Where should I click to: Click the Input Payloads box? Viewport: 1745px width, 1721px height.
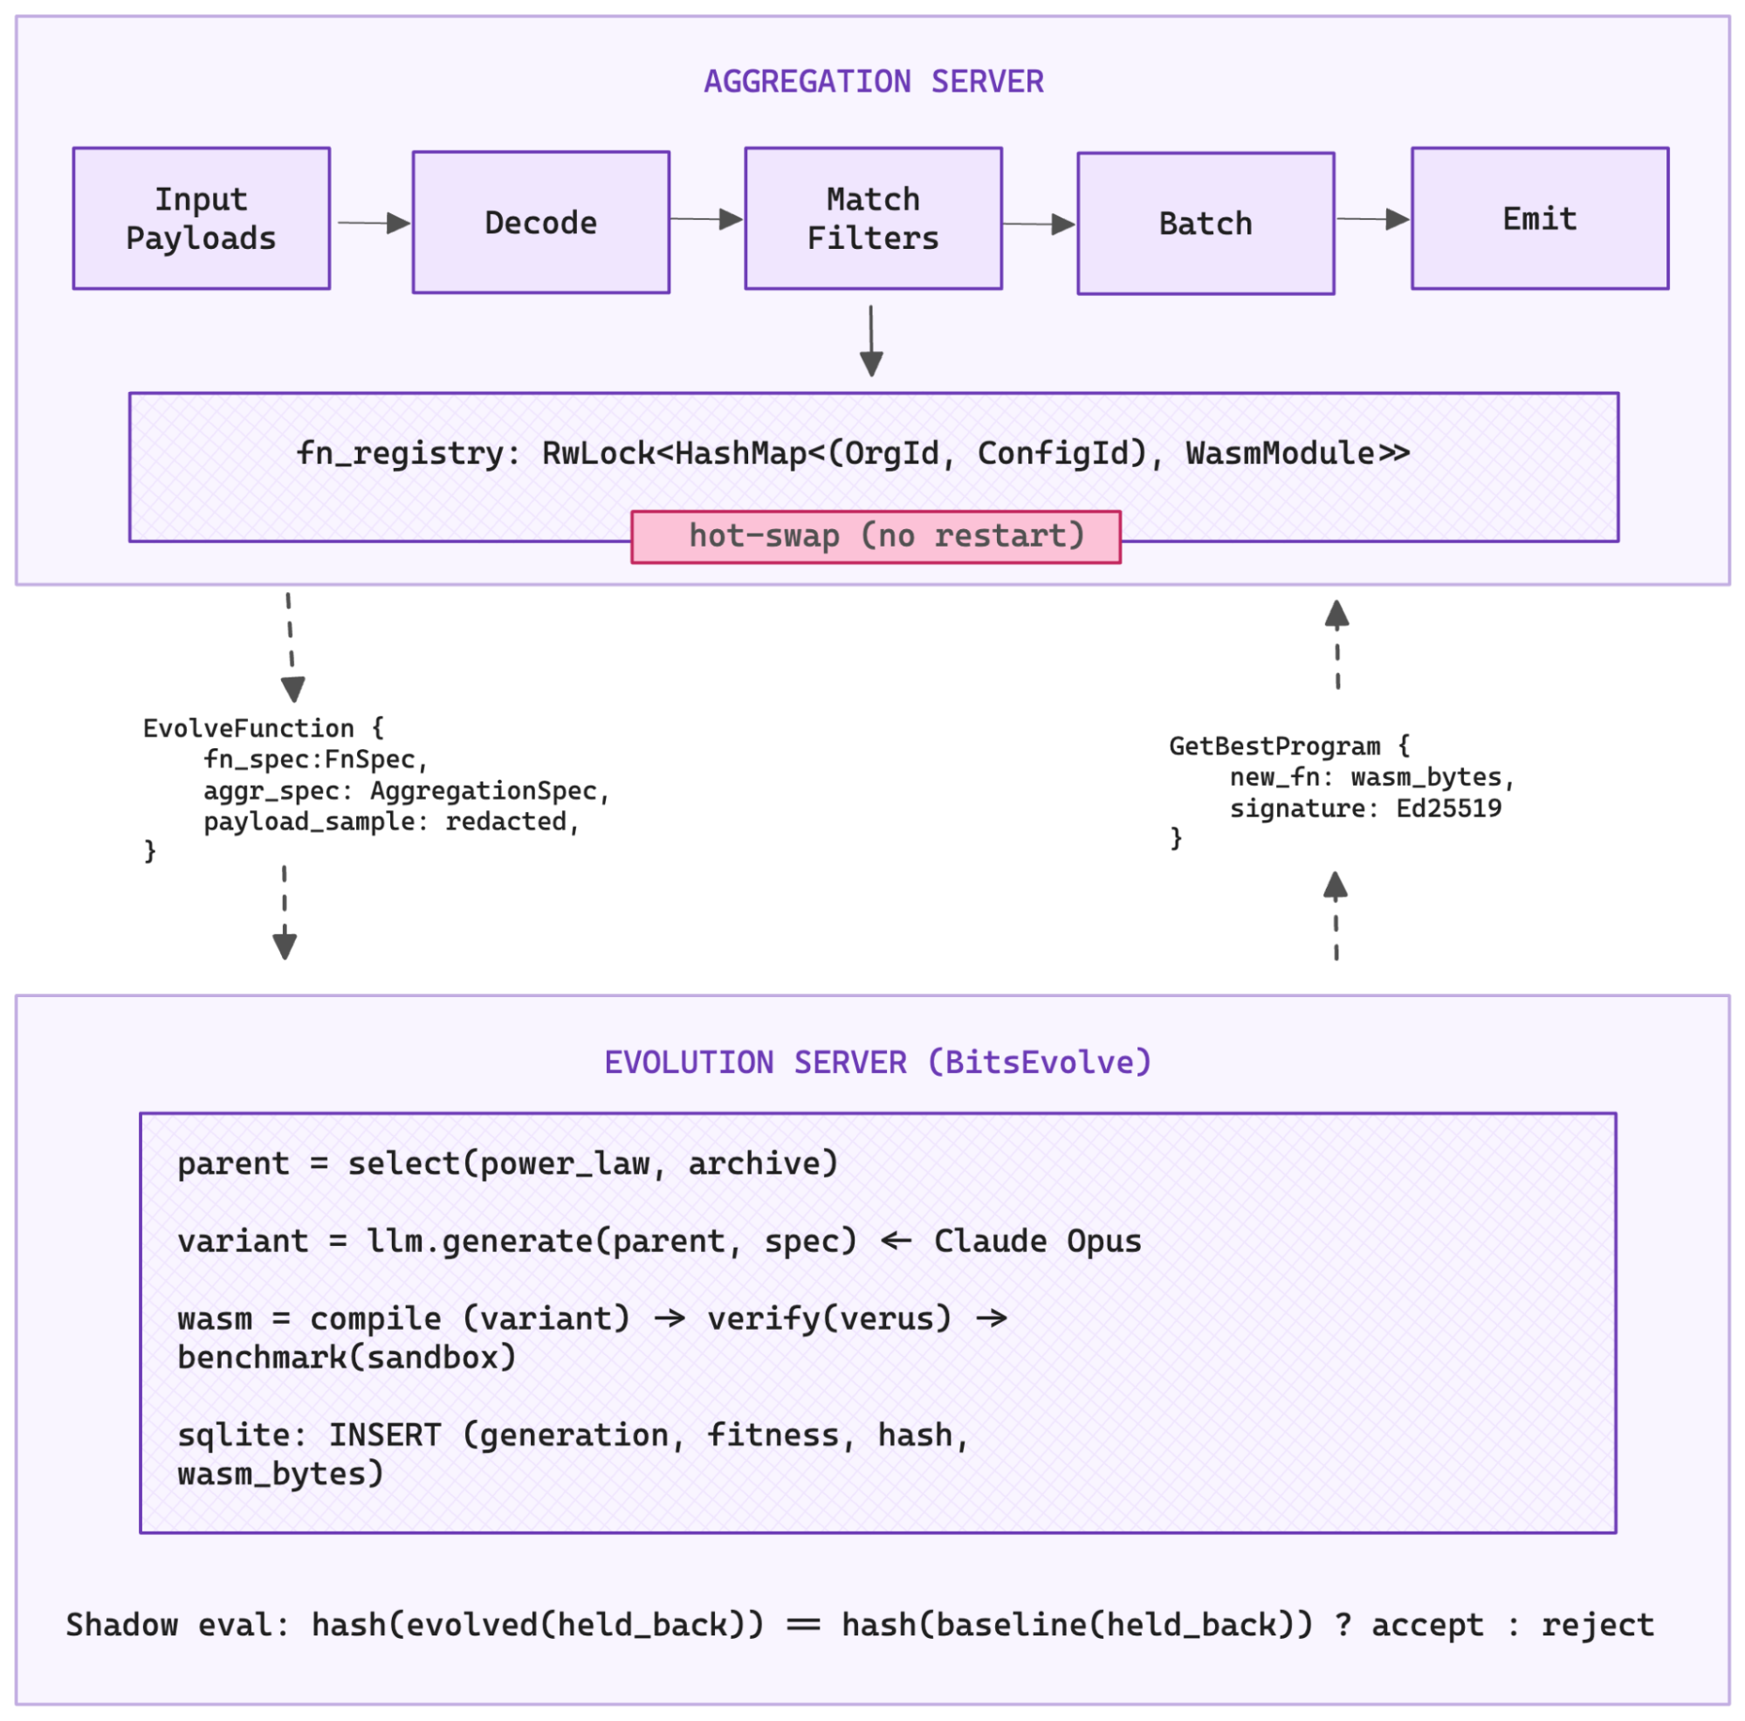point(201,218)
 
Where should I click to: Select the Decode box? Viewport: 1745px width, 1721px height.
point(540,223)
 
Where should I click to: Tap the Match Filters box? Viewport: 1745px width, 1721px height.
point(873,218)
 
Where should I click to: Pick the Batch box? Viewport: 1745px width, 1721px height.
point(1205,224)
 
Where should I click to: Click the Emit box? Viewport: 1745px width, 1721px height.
point(1539,218)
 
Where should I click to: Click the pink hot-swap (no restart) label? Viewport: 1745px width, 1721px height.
point(876,537)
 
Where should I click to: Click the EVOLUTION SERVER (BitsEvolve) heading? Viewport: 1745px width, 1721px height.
point(877,1062)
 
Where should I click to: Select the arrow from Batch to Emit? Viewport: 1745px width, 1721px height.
point(1372,218)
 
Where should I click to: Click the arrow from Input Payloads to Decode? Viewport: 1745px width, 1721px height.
point(373,223)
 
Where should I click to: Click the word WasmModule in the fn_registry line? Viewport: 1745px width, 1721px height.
point(1280,452)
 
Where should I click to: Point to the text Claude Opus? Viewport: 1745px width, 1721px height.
point(1037,1241)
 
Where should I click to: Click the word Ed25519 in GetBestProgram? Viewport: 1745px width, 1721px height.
point(1448,808)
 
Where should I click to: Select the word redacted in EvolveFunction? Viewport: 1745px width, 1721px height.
point(505,821)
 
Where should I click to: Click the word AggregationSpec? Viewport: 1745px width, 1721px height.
point(484,790)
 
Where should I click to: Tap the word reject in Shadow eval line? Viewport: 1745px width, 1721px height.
point(1597,1624)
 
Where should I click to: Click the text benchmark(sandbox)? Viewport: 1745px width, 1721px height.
point(347,1357)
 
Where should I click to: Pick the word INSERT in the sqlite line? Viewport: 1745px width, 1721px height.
point(385,1435)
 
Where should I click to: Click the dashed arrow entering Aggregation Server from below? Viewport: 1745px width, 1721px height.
point(1336,644)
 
